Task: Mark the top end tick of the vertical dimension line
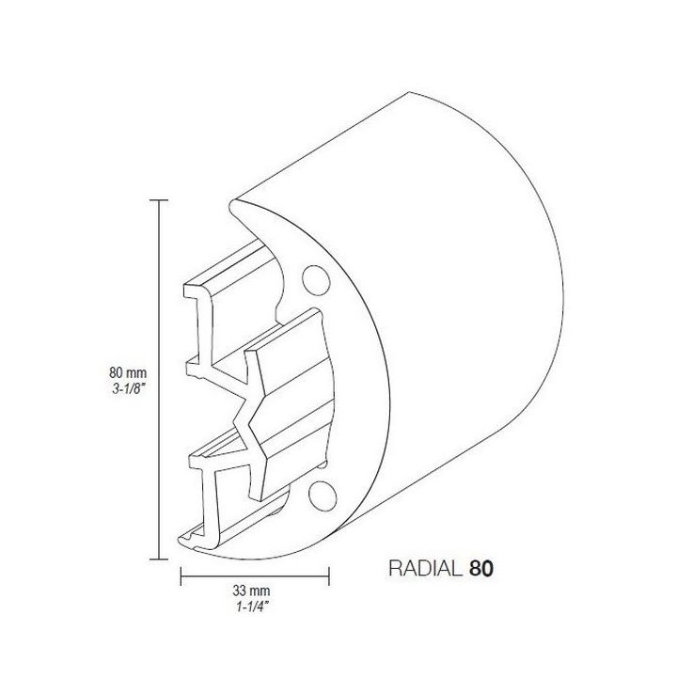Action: (158, 200)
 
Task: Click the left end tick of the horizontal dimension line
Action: (180, 574)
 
